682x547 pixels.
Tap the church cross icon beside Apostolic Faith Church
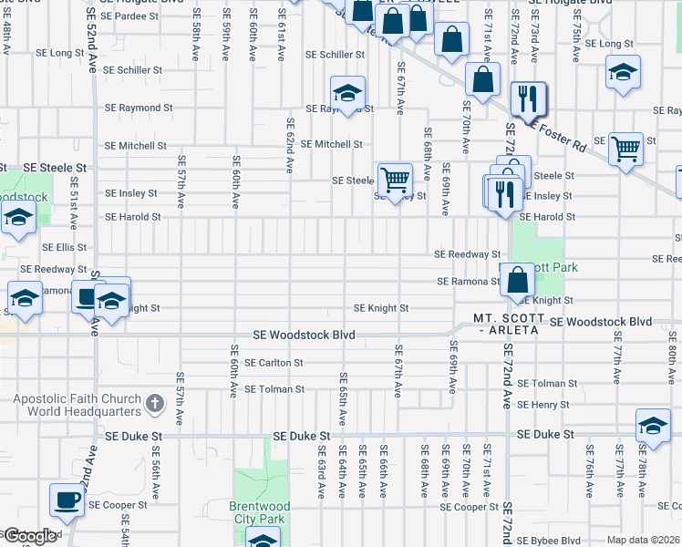(x=155, y=403)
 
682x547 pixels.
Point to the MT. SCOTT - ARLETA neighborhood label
(x=508, y=324)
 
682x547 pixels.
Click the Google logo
(x=30, y=536)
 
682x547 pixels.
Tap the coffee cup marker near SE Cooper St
(x=67, y=500)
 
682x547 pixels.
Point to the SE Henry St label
(x=542, y=405)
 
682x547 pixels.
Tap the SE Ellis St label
(x=65, y=247)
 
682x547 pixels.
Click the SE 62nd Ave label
(x=290, y=146)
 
